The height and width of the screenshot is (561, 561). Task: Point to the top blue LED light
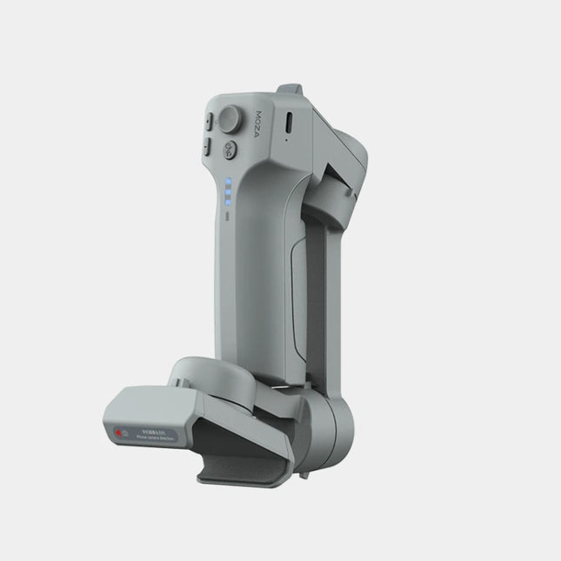(x=228, y=182)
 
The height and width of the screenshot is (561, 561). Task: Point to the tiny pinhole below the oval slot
(x=287, y=141)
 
